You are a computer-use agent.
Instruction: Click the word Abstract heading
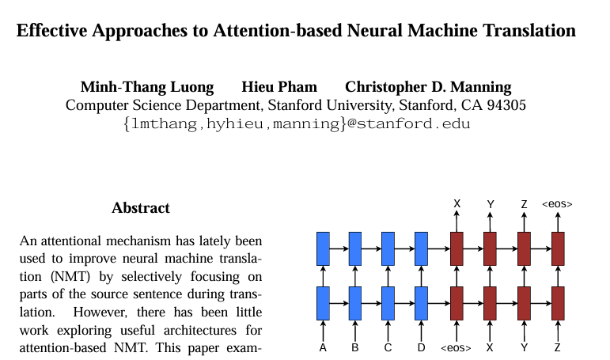click(141, 208)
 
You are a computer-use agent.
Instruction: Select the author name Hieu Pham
click(279, 87)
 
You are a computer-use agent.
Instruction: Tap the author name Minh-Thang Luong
click(147, 87)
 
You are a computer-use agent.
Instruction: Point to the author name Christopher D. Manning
click(428, 87)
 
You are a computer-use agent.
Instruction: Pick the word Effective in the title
click(51, 30)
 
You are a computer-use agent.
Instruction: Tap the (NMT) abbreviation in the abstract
click(70, 276)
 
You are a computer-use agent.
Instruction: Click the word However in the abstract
click(100, 312)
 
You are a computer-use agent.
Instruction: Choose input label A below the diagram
click(323, 347)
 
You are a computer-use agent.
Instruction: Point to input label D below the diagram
click(422, 347)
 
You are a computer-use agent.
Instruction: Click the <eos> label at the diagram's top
click(557, 204)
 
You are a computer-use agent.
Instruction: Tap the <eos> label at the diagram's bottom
click(456, 348)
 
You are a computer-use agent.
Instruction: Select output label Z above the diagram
click(524, 204)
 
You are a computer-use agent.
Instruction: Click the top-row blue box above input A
click(323, 248)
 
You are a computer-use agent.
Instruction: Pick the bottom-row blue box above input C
click(388, 304)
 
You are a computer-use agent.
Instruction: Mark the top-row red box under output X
click(457, 248)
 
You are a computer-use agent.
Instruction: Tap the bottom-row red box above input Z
click(558, 304)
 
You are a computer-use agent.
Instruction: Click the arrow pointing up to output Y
click(491, 222)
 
